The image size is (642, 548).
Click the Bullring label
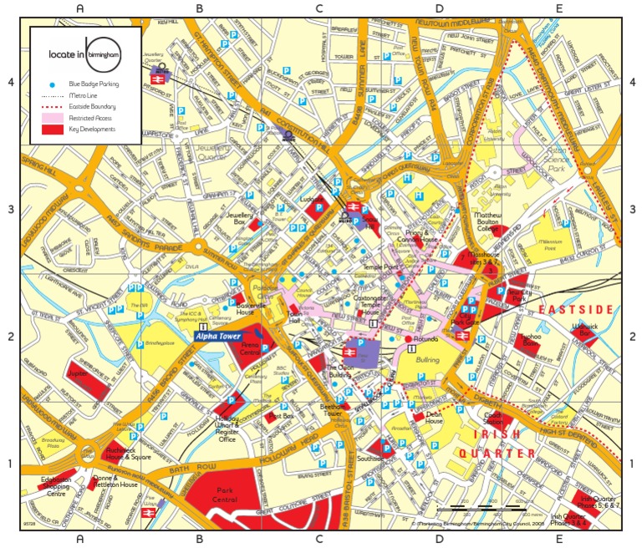pos(426,358)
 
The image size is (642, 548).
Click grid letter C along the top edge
pos(318,8)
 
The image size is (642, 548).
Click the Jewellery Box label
pos(239,220)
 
